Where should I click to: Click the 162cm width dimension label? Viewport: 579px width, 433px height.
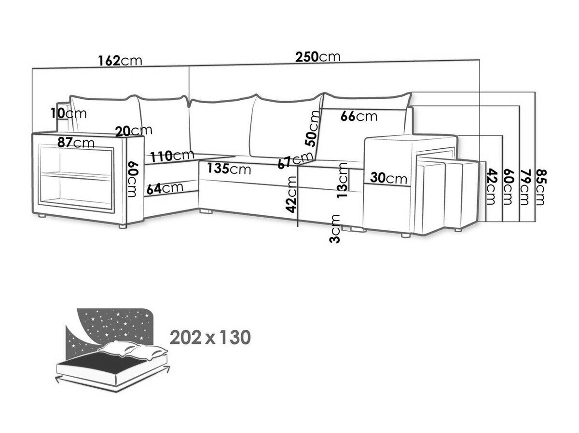(x=120, y=61)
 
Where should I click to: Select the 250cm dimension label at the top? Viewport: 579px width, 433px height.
(x=318, y=57)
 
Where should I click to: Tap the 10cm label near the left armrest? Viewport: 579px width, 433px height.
(x=68, y=114)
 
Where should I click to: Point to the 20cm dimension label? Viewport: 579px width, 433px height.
(x=134, y=130)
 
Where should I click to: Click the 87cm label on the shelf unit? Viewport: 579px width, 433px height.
(x=75, y=143)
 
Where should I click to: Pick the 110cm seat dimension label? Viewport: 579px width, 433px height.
(x=172, y=156)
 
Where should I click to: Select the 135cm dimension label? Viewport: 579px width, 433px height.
(x=229, y=169)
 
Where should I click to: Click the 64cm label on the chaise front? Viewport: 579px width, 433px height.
(x=165, y=188)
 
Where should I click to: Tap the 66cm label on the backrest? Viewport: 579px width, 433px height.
(x=358, y=116)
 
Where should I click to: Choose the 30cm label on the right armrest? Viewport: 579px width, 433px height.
(x=389, y=178)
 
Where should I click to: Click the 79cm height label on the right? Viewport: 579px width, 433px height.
(x=524, y=187)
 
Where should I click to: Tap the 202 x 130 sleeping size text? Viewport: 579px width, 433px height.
(x=210, y=338)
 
